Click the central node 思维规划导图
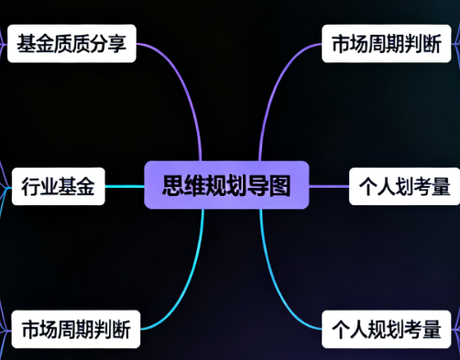(x=226, y=185)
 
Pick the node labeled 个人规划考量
(x=387, y=328)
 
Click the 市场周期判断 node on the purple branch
(x=388, y=44)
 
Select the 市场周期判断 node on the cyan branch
(x=76, y=328)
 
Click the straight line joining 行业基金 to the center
(x=125, y=186)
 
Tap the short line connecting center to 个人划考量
(x=331, y=186)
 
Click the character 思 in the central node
(x=172, y=185)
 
